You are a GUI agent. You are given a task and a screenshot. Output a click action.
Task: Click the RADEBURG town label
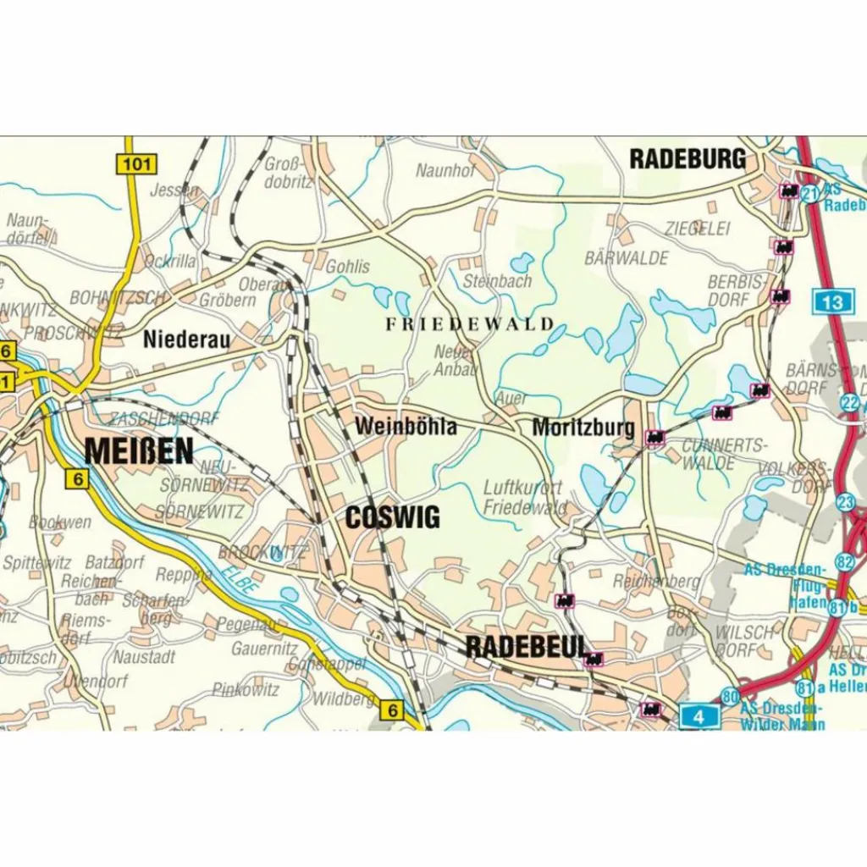688,158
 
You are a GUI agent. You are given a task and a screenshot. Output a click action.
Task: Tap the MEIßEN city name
139,451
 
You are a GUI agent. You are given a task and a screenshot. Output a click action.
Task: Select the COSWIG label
393,517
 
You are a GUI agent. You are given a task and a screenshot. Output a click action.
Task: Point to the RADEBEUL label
526,647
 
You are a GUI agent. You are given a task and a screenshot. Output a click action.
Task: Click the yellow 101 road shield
135,164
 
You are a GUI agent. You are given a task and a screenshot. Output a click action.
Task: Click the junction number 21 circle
810,194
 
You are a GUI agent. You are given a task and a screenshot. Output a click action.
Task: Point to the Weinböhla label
406,426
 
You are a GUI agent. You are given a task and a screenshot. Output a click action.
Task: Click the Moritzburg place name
583,428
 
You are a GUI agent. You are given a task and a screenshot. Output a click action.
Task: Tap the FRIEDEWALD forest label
470,323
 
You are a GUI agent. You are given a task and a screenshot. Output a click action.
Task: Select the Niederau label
186,340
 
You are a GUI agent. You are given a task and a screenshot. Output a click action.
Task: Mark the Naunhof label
445,171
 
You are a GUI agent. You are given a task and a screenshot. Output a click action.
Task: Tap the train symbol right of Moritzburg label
654,437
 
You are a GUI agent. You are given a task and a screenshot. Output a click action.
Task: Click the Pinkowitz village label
246,690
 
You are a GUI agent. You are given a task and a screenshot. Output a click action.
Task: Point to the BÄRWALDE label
627,257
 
